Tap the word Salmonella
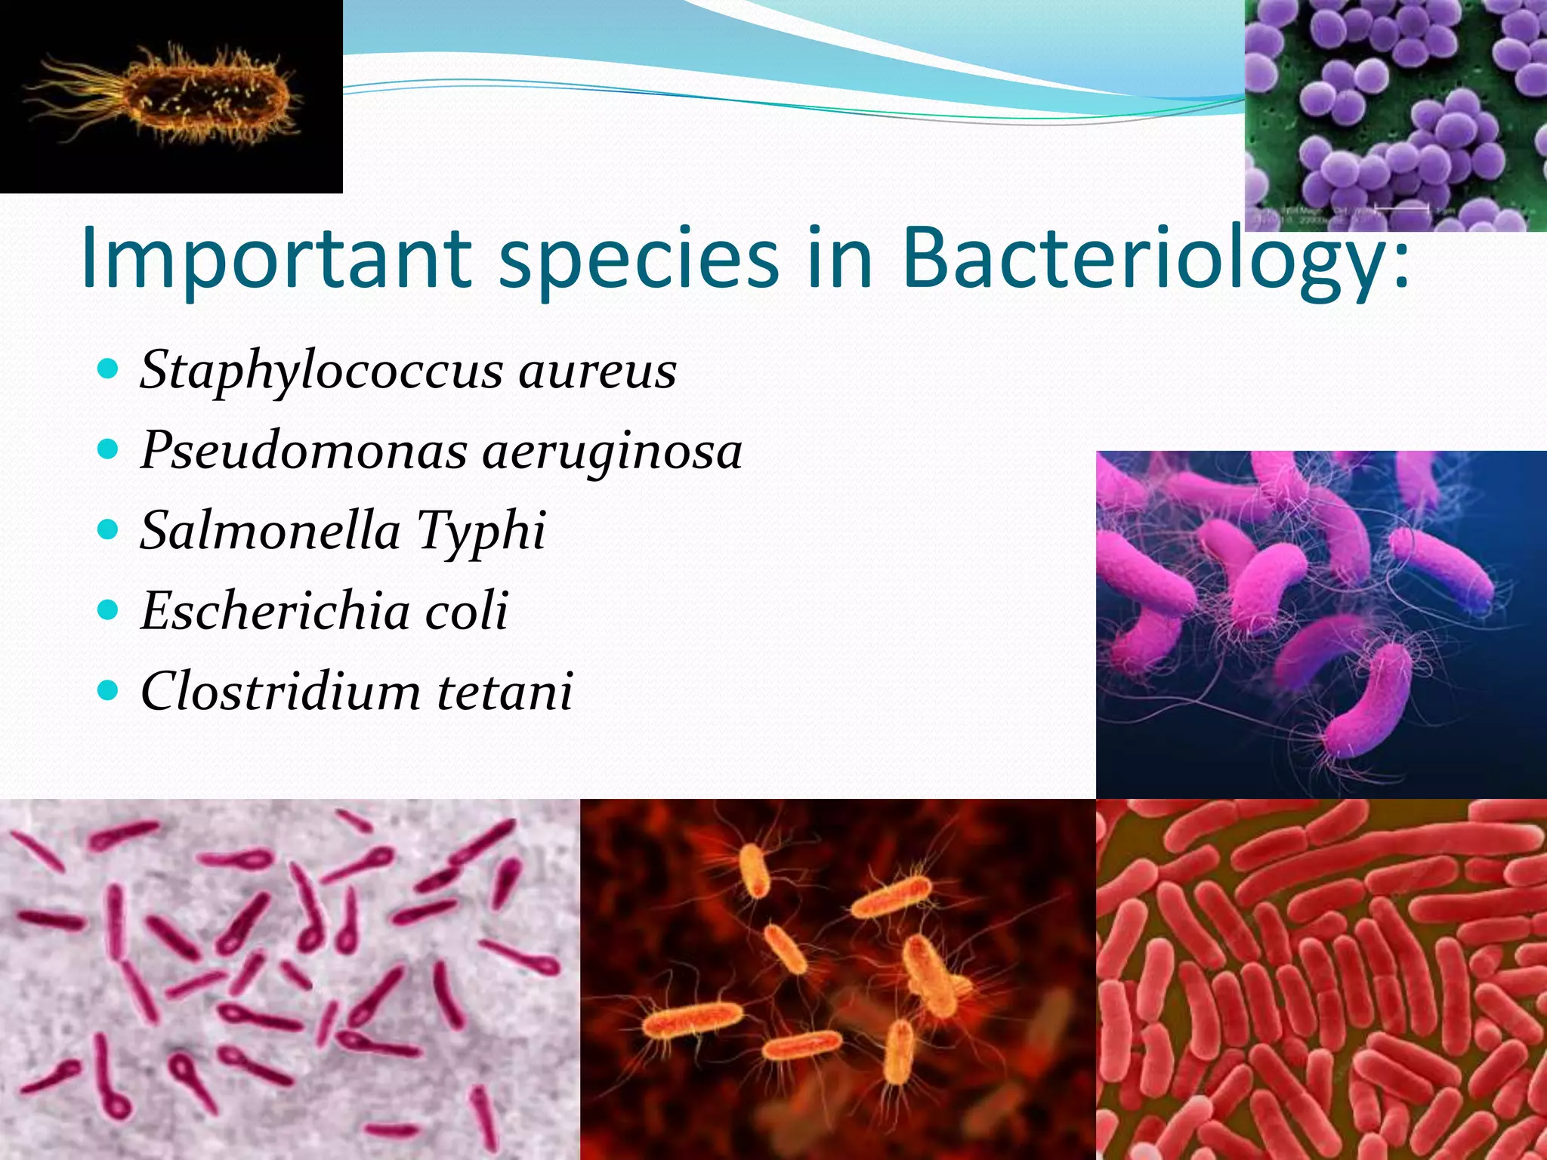tap(270, 530)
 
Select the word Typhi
tap(481, 532)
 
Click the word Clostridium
tap(280, 691)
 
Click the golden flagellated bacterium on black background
tap(204, 96)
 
